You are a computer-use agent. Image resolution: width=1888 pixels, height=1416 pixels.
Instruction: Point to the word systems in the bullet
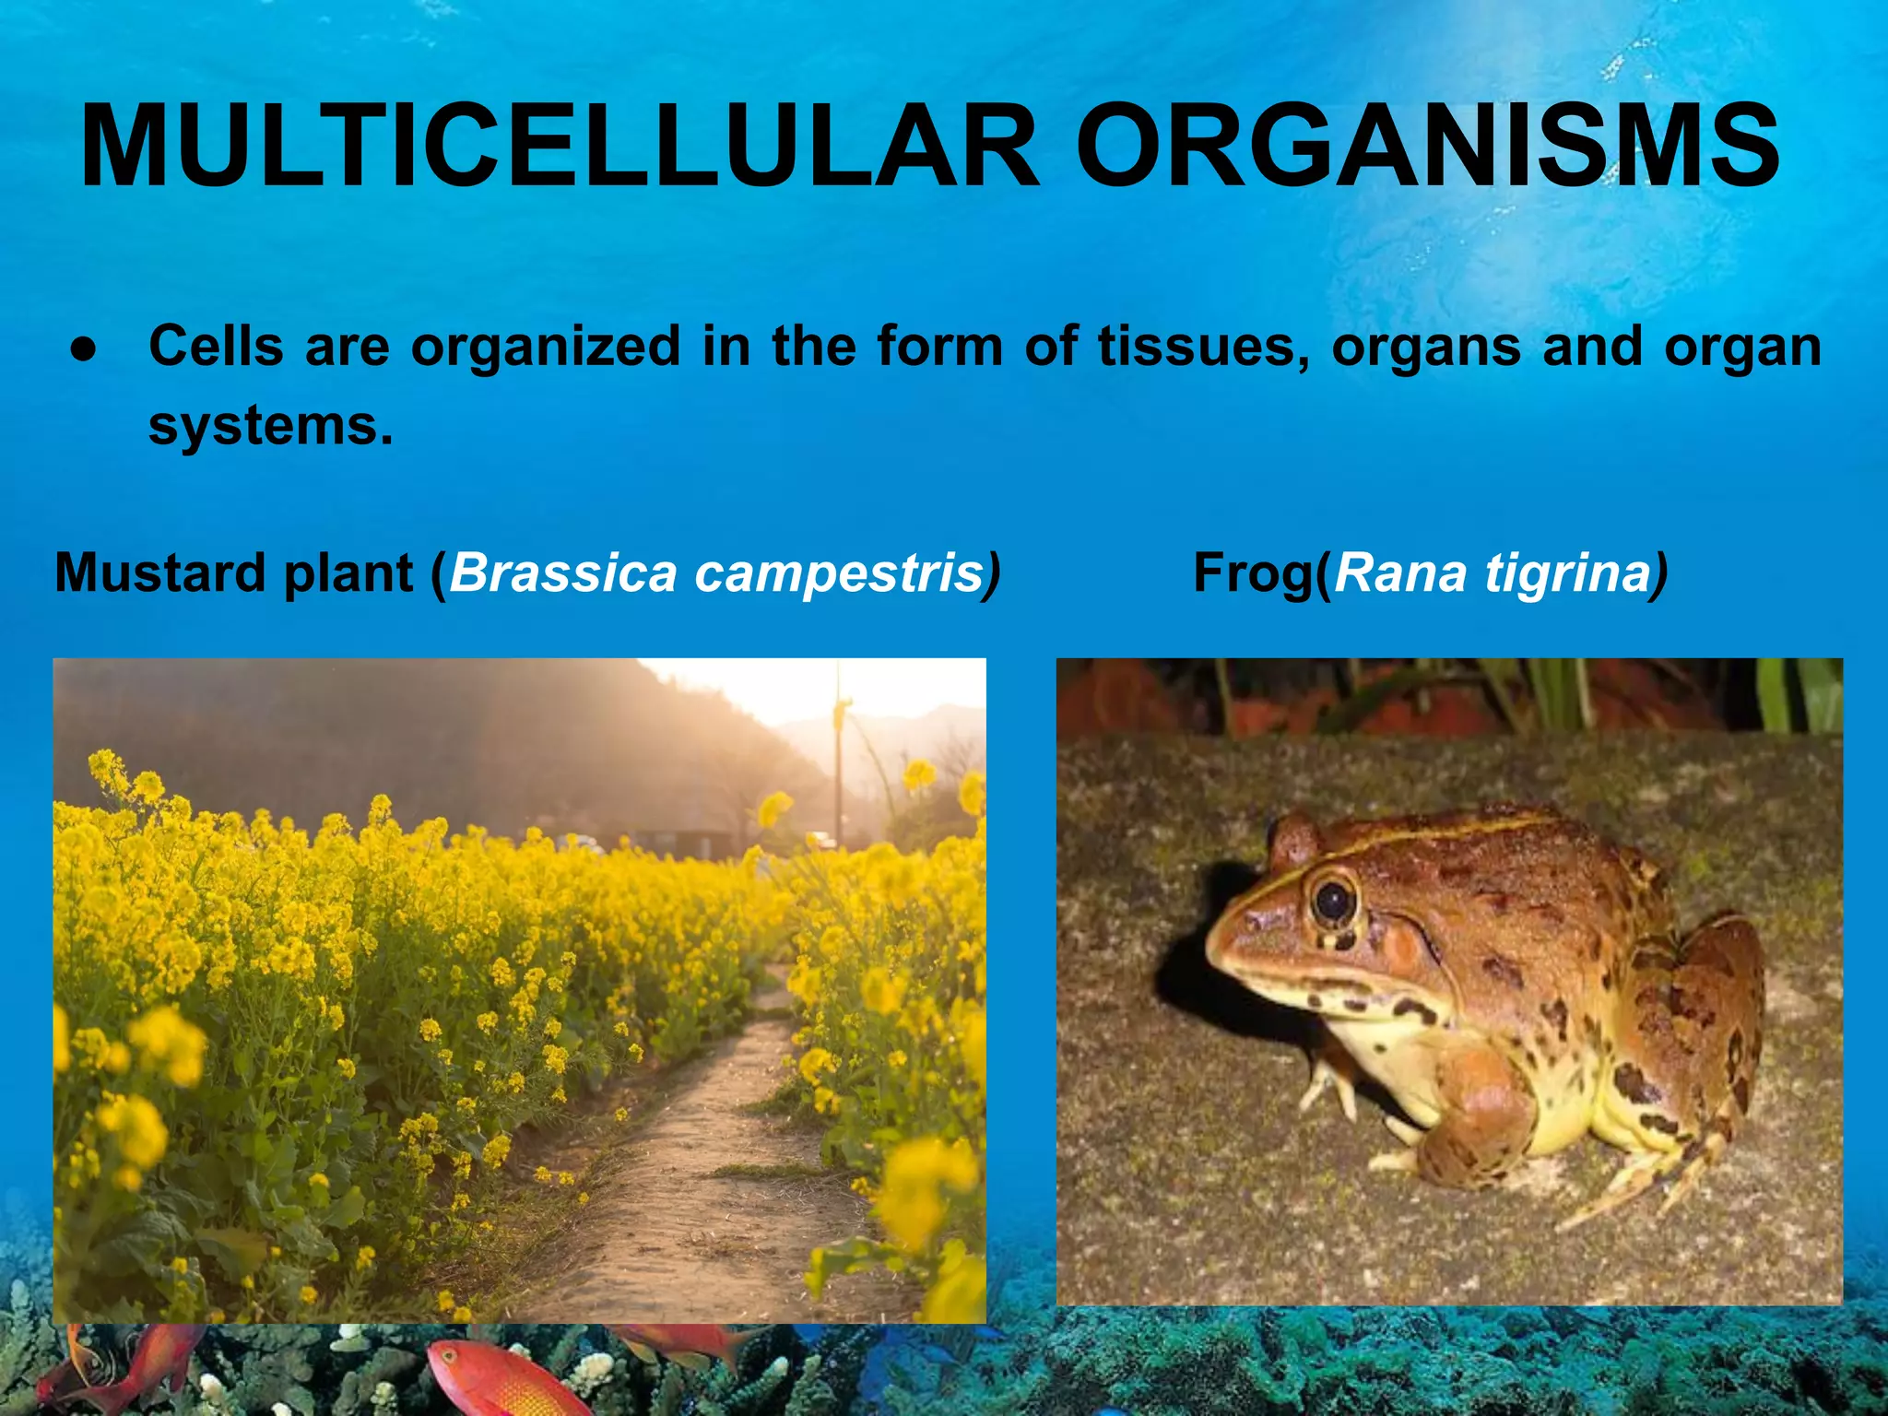pos(270,426)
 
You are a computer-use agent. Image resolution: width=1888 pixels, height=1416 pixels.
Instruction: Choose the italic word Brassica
pos(562,572)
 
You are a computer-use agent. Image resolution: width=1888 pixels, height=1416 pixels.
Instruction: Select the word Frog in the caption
pos(1254,572)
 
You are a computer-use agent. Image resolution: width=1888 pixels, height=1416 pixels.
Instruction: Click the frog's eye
pos(1333,901)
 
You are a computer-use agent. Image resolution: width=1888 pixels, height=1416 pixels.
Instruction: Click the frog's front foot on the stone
pos(1327,1088)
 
